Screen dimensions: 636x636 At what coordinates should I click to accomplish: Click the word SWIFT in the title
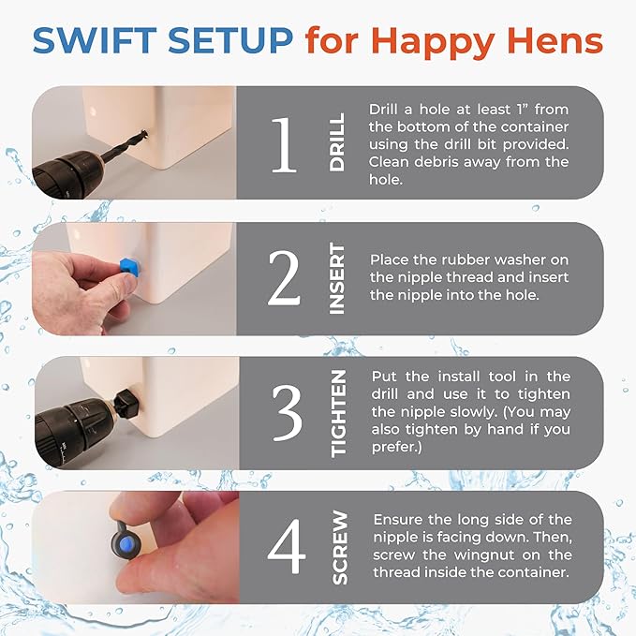pyautogui.click(x=95, y=40)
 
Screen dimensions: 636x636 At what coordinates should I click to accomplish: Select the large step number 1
pyautogui.click(x=284, y=145)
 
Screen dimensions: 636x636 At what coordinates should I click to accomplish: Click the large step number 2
pyautogui.click(x=284, y=278)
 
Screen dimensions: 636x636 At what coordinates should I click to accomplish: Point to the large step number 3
pyautogui.click(x=288, y=412)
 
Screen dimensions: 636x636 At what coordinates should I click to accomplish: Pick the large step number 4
pyautogui.click(x=287, y=546)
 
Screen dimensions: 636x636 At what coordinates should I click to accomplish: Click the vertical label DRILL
pyautogui.click(x=337, y=142)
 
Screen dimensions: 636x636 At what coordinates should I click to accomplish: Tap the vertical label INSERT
pyautogui.click(x=337, y=278)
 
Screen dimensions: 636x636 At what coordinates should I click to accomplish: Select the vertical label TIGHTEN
pyautogui.click(x=339, y=413)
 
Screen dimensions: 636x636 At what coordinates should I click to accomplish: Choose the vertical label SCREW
pyautogui.click(x=340, y=547)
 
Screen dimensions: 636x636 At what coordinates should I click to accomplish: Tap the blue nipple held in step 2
pyautogui.click(x=130, y=266)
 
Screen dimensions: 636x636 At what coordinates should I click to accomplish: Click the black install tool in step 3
pyautogui.click(x=127, y=402)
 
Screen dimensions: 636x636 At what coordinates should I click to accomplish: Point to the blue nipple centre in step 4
pyautogui.click(x=126, y=542)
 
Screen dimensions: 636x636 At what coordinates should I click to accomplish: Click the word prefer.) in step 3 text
pyautogui.click(x=397, y=448)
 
